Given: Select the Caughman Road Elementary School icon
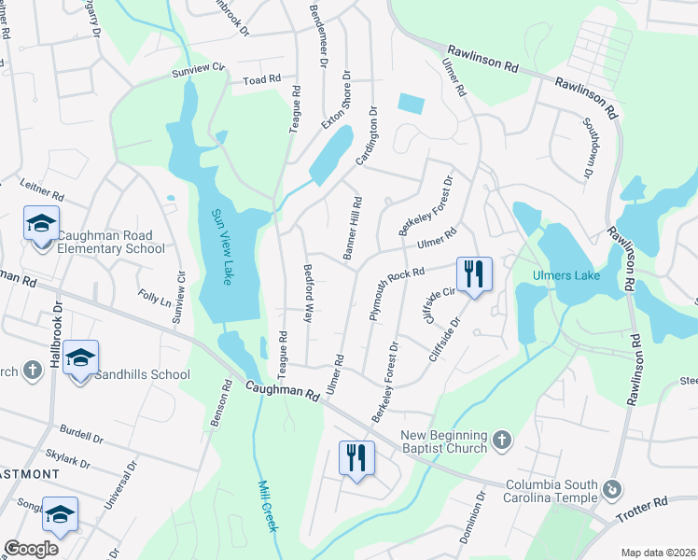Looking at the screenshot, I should [x=41, y=225].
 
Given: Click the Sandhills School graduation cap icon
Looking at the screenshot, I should [x=81, y=359].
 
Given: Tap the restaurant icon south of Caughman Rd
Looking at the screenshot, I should [x=356, y=458].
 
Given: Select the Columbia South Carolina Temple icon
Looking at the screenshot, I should [x=612, y=489].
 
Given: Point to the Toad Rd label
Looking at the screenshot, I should [x=262, y=81].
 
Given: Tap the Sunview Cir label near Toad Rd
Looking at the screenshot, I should [x=198, y=68].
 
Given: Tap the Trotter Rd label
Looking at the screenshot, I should [x=649, y=503].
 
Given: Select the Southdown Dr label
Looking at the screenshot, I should [x=589, y=148].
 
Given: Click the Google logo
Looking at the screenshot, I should [x=31, y=549].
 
